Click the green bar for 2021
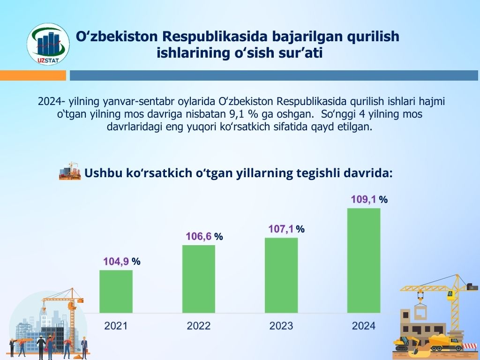point(116,292)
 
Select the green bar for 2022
point(199,279)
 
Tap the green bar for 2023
point(281,275)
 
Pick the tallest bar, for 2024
point(364,261)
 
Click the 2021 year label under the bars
point(116,326)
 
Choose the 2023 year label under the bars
point(281,326)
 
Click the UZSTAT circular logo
point(48,45)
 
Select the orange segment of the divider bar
point(33,75)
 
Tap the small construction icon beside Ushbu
point(70,171)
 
